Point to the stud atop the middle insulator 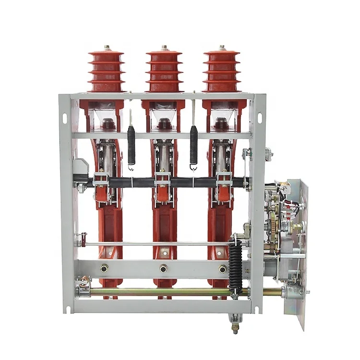coord(164,47)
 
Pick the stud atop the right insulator coord(222,47)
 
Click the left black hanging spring coord(131,144)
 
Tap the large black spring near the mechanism coord(235,264)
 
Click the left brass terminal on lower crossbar coord(104,269)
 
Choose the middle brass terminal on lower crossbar coord(164,269)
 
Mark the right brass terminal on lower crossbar coord(223,269)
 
